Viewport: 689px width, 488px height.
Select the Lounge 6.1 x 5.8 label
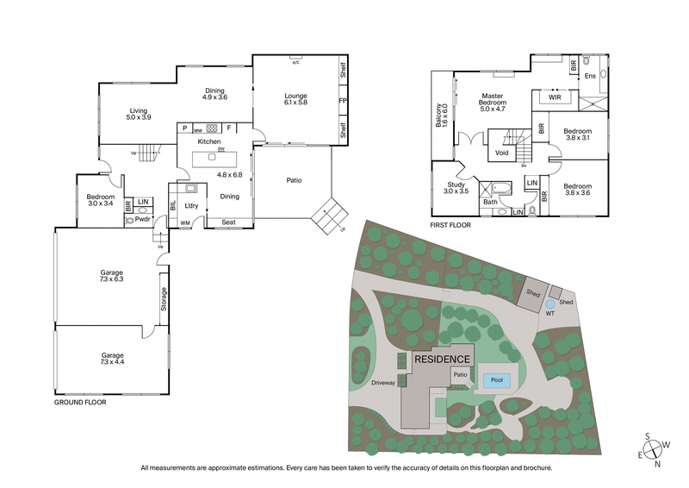click(295, 98)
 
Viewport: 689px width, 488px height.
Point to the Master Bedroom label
click(492, 101)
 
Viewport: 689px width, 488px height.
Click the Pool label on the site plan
click(496, 379)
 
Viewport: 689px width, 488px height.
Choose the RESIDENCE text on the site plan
click(443, 359)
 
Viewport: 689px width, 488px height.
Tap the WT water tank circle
click(549, 304)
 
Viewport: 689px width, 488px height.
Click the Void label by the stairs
click(502, 153)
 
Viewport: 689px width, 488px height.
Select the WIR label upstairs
click(555, 97)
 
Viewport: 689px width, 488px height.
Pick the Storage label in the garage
click(164, 298)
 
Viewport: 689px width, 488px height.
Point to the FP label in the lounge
click(342, 101)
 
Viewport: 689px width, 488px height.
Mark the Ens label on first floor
click(590, 77)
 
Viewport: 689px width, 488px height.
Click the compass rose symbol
click(655, 448)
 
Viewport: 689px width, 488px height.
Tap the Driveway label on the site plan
click(382, 382)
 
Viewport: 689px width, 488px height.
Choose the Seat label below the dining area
click(229, 222)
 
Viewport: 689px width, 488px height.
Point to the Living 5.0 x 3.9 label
click(139, 114)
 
